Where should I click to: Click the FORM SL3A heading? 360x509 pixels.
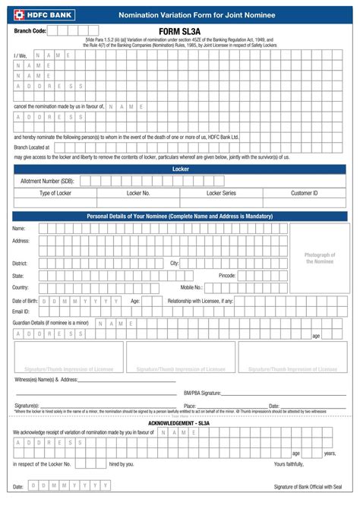[x=179, y=31]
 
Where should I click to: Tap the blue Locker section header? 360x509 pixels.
[x=180, y=169]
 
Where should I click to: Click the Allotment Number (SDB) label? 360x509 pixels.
[x=47, y=181]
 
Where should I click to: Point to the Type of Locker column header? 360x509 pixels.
[x=55, y=194]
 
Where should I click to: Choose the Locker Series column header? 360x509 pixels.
[x=221, y=194]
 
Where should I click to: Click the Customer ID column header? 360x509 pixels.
[x=304, y=194]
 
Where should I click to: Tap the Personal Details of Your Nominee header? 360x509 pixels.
[x=180, y=217]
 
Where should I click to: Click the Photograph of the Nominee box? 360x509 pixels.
[x=319, y=258]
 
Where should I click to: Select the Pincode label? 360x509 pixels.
[x=227, y=275]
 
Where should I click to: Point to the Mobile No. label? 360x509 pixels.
[x=191, y=287]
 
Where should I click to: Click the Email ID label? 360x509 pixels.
[x=21, y=311]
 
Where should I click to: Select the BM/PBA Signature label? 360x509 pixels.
[x=202, y=393]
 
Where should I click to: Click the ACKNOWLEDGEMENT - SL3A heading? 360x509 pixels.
[x=179, y=422]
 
